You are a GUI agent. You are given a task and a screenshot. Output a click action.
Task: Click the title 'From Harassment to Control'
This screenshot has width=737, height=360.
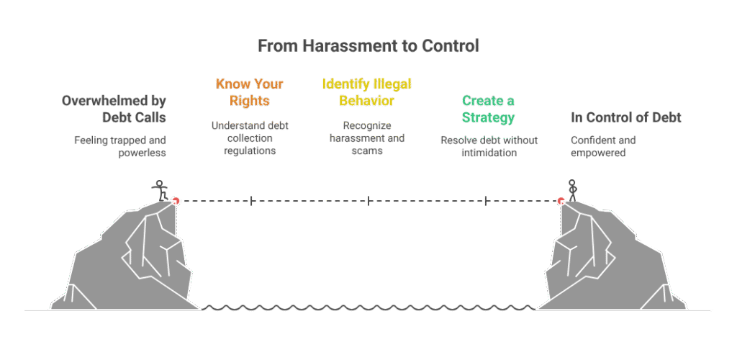point(368,47)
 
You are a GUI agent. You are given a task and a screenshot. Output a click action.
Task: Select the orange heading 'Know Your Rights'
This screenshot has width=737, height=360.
point(249,92)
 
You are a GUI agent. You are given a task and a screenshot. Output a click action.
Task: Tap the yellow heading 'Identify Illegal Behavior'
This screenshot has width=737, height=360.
point(366,92)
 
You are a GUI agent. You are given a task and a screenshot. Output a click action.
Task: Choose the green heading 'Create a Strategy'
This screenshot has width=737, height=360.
point(488,109)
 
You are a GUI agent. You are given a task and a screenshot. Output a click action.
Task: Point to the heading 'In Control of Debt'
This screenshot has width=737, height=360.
point(625,117)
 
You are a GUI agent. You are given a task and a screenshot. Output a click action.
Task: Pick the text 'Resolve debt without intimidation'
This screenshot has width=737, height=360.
point(489,146)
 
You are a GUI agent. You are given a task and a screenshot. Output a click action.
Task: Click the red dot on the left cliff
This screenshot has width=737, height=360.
point(175,201)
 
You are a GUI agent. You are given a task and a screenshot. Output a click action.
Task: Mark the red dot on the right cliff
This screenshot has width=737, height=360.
point(561,201)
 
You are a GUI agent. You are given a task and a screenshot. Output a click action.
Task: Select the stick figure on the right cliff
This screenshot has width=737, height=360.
point(573,190)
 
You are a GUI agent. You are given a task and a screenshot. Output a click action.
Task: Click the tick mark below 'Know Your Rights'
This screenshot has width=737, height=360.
point(252,201)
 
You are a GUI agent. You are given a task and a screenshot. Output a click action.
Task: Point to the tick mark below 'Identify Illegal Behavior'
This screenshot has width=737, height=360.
point(368,201)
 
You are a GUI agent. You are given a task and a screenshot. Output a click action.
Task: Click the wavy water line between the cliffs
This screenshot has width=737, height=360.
point(368,307)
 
